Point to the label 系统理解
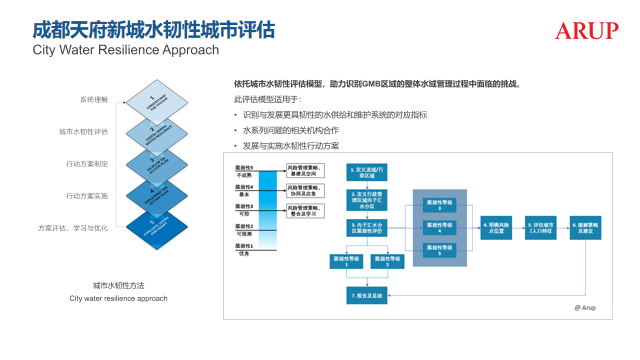(x=96, y=100)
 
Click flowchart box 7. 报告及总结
(x=364, y=296)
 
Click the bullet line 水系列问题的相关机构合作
(x=290, y=130)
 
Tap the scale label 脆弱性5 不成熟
(x=244, y=171)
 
